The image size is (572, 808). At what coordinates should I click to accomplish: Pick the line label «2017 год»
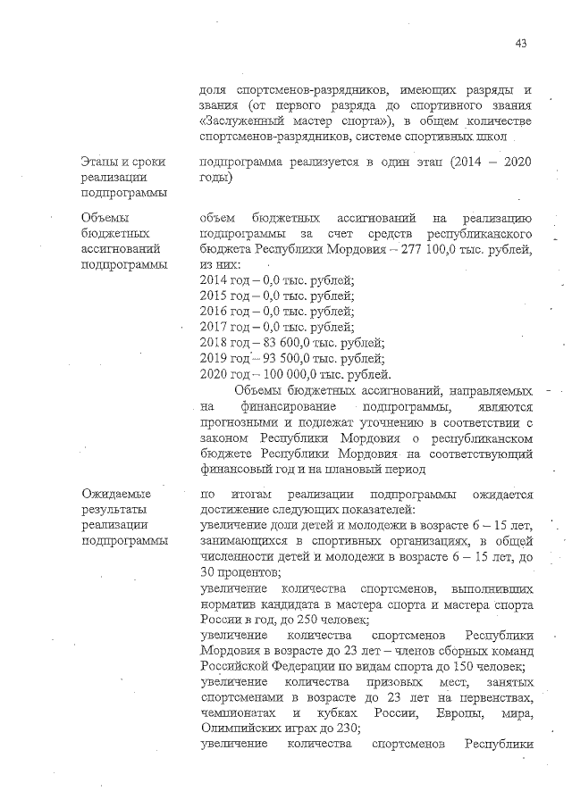223,327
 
